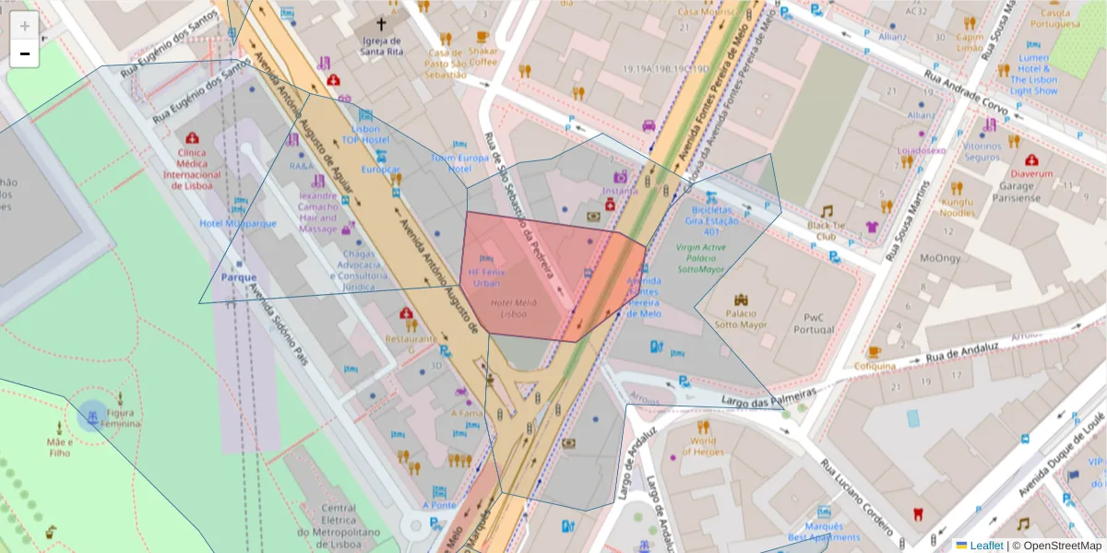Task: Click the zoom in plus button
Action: click(x=25, y=26)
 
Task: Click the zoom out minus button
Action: click(x=25, y=53)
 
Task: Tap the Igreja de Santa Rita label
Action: click(x=381, y=46)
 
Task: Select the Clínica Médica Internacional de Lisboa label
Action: click(x=191, y=169)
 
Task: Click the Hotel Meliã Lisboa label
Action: click(x=514, y=308)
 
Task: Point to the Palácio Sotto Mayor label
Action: click(x=741, y=319)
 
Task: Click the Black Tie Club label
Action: click(x=827, y=229)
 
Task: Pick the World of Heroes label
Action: click(x=703, y=446)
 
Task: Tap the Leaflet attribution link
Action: click(x=986, y=546)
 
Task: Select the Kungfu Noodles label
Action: click(x=958, y=207)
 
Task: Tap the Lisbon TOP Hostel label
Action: click(x=366, y=134)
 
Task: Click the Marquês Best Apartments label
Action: click(x=824, y=532)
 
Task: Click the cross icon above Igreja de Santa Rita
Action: click(x=381, y=24)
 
